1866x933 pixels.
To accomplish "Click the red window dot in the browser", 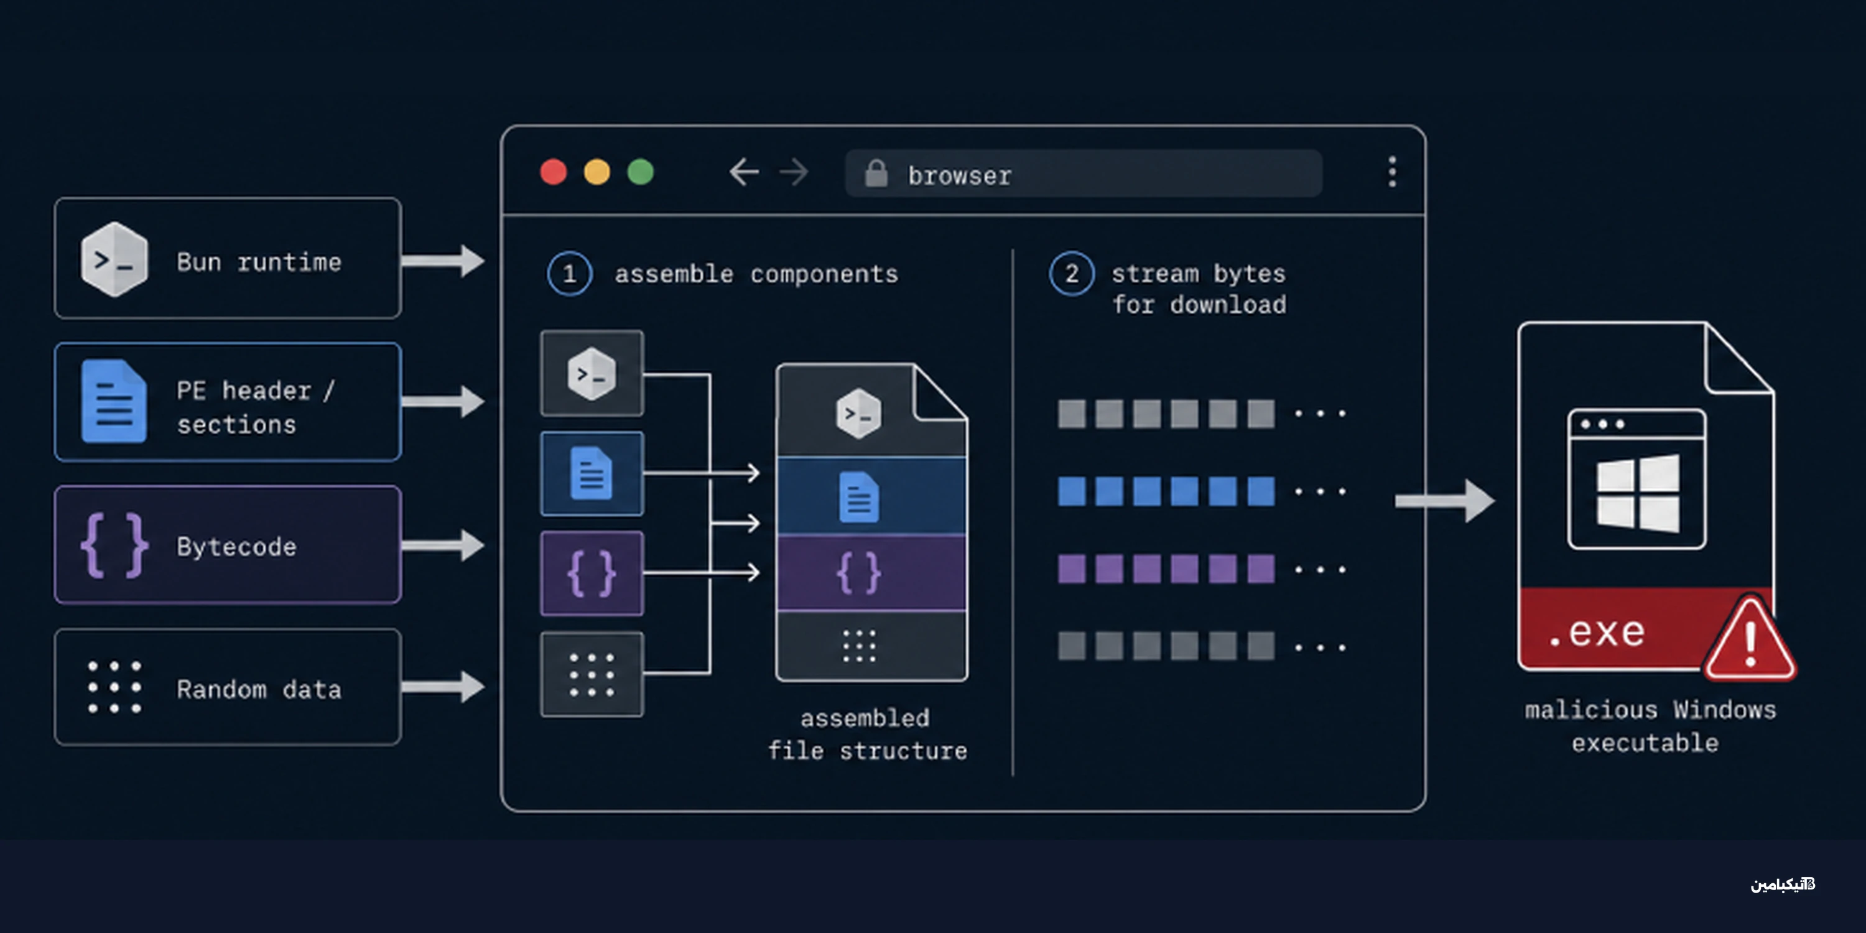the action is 554,172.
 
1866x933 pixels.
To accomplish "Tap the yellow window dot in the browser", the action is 597,172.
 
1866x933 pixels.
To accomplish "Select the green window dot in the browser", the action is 641,172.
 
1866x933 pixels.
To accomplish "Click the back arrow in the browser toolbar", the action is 744,172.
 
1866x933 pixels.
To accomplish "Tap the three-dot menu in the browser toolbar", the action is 1391,172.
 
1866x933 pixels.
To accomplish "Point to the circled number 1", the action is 569,274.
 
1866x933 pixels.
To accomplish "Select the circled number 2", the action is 1071,274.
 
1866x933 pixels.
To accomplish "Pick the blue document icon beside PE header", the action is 114,401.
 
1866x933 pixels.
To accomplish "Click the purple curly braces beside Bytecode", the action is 114,545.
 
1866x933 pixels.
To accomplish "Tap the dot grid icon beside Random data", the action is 114,687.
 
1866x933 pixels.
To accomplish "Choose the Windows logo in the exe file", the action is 1638,493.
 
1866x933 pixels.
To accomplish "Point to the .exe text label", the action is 1597,632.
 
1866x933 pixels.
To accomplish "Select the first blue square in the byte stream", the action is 1071,491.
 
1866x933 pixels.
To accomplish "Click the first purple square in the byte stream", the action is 1071,569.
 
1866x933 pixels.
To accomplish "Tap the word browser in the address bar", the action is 960,175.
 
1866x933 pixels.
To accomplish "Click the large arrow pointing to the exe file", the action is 1444,500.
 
